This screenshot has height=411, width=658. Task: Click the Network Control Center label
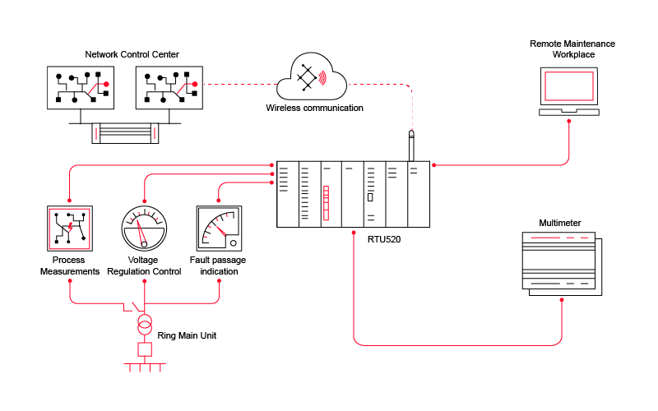(x=132, y=54)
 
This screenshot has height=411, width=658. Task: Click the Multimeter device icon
(x=563, y=264)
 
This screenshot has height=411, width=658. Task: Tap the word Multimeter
(x=559, y=223)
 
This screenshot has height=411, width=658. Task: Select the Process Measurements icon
(x=70, y=228)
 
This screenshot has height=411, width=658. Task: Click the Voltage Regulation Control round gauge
(x=144, y=228)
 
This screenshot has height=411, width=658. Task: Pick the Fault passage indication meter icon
(x=218, y=228)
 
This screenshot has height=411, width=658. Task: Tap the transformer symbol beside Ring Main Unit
(x=144, y=322)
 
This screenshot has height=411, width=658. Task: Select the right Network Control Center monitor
(x=168, y=87)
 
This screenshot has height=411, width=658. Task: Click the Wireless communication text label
(x=314, y=108)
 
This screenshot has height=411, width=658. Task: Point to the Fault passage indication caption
(x=218, y=266)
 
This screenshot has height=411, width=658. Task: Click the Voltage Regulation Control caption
(x=144, y=266)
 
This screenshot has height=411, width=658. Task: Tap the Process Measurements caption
(x=70, y=266)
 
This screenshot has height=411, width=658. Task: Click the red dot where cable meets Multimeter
(x=563, y=300)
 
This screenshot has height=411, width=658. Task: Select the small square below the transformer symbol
(x=144, y=349)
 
